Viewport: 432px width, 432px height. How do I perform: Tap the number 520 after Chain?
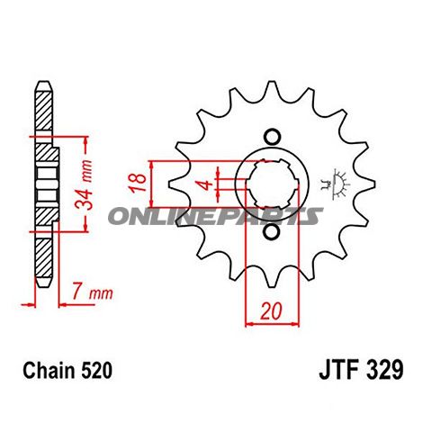click(x=96, y=370)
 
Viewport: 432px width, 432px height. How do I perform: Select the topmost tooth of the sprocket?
click(x=274, y=84)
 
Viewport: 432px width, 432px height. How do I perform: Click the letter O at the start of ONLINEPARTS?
click(x=118, y=216)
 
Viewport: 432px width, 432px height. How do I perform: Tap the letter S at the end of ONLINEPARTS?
click(x=313, y=216)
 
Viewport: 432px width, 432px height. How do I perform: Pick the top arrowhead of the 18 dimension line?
click(x=154, y=163)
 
